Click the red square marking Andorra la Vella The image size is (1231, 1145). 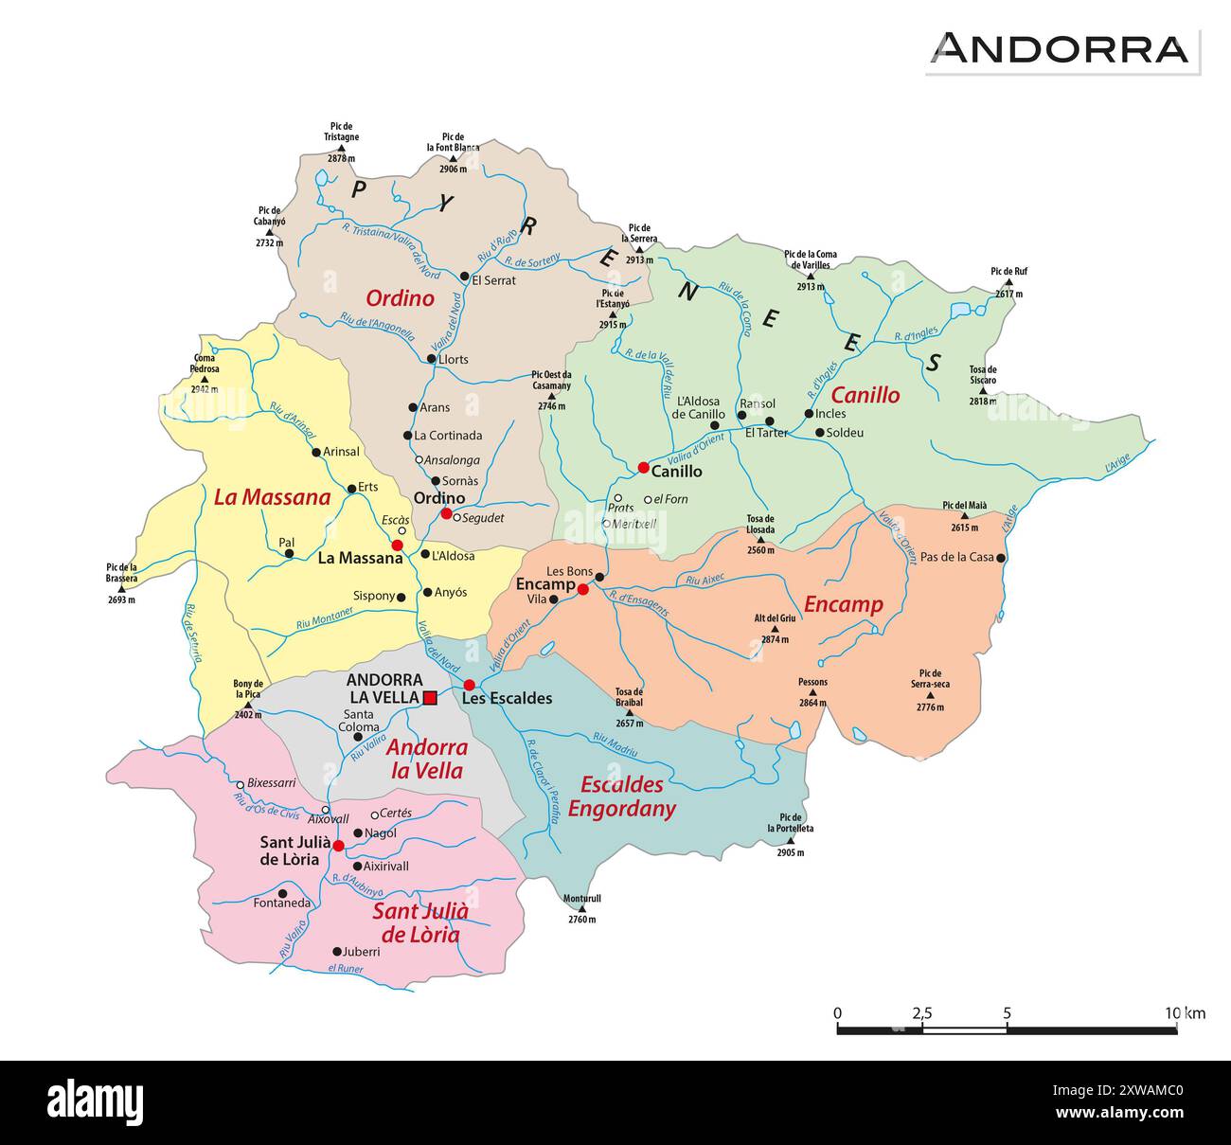pyautogui.click(x=430, y=698)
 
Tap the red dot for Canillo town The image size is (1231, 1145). pyautogui.click(x=644, y=467)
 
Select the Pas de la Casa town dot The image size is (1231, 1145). pyautogui.click(x=1001, y=557)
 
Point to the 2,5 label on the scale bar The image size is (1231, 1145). pyautogui.click(x=921, y=1013)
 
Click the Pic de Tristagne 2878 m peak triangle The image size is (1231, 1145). pyautogui.click(x=342, y=148)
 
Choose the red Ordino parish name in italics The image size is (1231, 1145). pyautogui.click(x=400, y=298)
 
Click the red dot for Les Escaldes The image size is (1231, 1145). pyautogui.click(x=469, y=685)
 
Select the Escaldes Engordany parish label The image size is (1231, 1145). pyautogui.click(x=621, y=796)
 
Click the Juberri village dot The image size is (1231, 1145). pyautogui.click(x=337, y=951)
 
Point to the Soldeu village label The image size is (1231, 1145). pyautogui.click(x=845, y=433)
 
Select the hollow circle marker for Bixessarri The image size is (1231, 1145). pyautogui.click(x=240, y=784)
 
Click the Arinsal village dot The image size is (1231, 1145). pyautogui.click(x=316, y=452)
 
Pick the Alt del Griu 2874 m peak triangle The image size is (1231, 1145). pyautogui.click(x=775, y=629)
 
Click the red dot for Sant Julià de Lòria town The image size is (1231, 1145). pyautogui.click(x=338, y=845)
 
